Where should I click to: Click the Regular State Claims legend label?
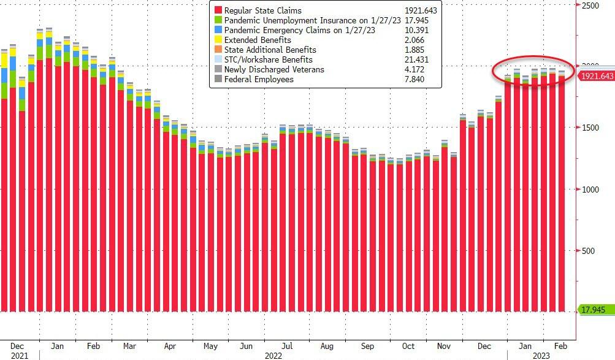[x=263, y=10]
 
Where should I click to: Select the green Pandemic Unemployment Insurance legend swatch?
[x=218, y=20]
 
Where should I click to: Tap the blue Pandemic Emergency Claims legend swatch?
[x=218, y=30]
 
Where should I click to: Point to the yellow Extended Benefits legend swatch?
[x=218, y=40]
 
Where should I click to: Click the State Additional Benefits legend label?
[x=270, y=50]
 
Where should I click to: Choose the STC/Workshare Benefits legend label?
[x=269, y=59]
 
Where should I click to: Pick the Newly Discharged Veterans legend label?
[x=274, y=69]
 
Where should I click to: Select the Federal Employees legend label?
[x=259, y=79]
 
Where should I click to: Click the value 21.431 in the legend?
[x=416, y=59]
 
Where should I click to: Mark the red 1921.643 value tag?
[x=595, y=76]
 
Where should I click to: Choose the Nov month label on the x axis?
[x=443, y=346]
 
